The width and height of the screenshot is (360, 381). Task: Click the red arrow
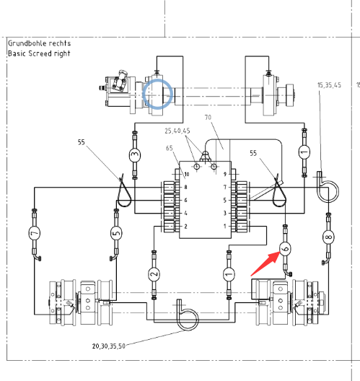pos(266,264)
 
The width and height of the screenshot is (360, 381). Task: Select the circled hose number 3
pos(135,154)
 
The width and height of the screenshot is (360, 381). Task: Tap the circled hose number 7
pos(34,233)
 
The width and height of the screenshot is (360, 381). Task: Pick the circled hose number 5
pos(116,233)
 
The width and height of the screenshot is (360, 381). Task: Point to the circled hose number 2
pos(154,274)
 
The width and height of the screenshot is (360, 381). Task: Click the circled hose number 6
pos(285,248)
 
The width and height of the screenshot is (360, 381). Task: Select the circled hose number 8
pos(328,237)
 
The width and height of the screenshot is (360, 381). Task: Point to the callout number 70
pos(208,118)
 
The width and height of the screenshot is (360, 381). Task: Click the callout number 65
pos(170,148)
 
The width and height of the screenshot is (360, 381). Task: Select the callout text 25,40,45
pos(177,131)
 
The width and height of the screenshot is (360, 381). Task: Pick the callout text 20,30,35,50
pos(109,346)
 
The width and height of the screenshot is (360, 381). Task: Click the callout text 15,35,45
pos(329,85)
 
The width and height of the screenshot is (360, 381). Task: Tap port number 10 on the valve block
pos(187,174)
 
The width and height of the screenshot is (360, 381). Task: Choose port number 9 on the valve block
pos(225,174)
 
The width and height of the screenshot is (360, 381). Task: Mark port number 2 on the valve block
pos(186,227)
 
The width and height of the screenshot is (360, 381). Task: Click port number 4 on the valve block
pos(186,214)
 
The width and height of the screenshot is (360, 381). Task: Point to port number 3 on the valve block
pos(225,214)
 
